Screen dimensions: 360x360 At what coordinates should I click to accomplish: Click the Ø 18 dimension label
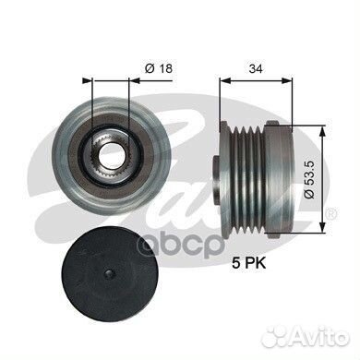pyautogui.click(x=159, y=68)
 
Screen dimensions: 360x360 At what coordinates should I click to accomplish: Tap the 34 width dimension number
pyautogui.click(x=256, y=69)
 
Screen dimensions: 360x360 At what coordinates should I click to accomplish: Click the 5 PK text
pyautogui.click(x=249, y=263)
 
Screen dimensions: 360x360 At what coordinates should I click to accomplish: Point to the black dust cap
pyautogui.click(x=110, y=274)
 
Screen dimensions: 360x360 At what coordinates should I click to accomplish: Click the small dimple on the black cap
pyautogui.click(x=110, y=274)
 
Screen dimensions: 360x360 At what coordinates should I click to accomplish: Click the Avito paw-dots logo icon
pyautogui.click(x=276, y=339)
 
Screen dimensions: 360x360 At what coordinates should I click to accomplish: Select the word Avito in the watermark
pyautogui.click(x=319, y=339)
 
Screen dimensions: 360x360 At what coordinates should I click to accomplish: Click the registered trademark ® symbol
pyautogui.click(x=330, y=214)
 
